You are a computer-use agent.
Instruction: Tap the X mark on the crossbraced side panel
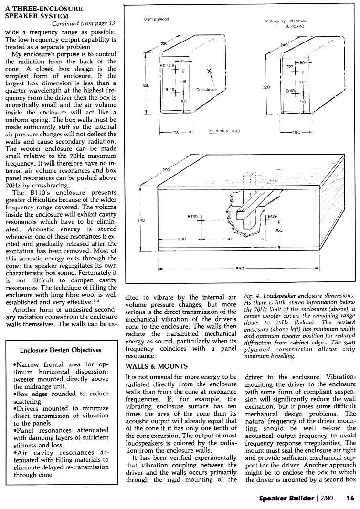pos(209,72)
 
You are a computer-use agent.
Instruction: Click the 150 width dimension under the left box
pos(176,132)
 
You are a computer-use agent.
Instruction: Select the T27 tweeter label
pos(289,67)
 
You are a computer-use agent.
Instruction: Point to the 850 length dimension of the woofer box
pos(240,269)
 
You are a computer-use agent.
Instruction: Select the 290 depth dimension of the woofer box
pos(166,169)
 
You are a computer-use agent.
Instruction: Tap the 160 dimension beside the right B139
pos(279,230)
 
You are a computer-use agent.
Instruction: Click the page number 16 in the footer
pos(350,498)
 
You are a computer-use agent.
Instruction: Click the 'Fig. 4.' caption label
pos(251,296)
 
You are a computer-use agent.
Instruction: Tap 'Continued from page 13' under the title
pos(84,24)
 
